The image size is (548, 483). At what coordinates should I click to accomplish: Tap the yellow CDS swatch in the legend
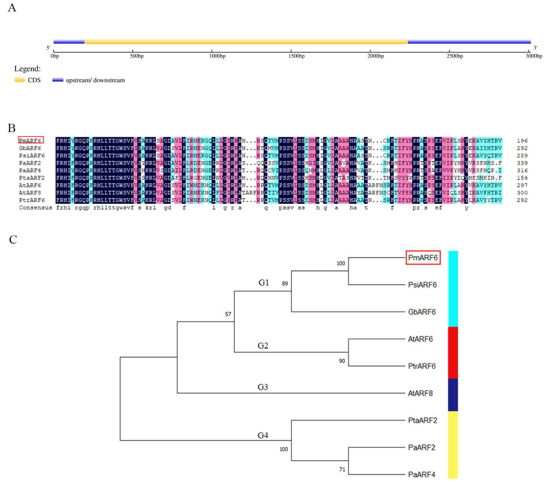point(20,80)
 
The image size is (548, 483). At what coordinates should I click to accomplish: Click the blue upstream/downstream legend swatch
point(58,80)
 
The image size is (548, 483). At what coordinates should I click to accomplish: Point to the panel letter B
point(12,128)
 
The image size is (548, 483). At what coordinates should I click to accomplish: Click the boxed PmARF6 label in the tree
point(423,258)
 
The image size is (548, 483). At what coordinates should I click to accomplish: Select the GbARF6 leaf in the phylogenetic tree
point(422,312)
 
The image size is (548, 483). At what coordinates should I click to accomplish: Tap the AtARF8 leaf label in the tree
point(420,393)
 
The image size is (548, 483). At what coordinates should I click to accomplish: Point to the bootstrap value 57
point(228,314)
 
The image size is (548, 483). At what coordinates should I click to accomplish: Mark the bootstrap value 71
point(342,469)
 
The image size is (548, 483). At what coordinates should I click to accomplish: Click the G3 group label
point(263,387)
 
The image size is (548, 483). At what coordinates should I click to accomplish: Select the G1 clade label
point(264,283)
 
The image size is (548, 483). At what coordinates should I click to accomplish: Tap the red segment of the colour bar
point(453,352)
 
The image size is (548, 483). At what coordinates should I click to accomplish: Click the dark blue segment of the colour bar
point(453,395)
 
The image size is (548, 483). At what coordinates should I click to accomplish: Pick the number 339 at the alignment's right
point(522,163)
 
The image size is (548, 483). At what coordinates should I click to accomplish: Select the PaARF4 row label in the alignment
point(30,171)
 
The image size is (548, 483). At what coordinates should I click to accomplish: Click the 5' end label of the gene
point(48,48)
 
